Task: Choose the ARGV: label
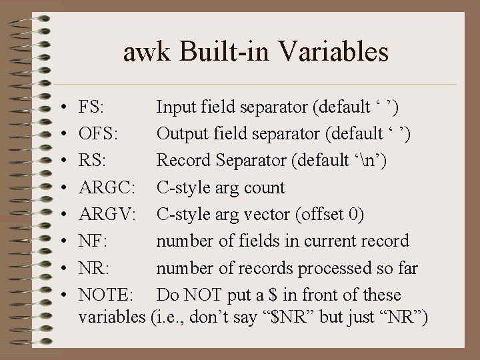[107, 214]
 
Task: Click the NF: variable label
[92, 241]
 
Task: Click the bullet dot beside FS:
[61, 108]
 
